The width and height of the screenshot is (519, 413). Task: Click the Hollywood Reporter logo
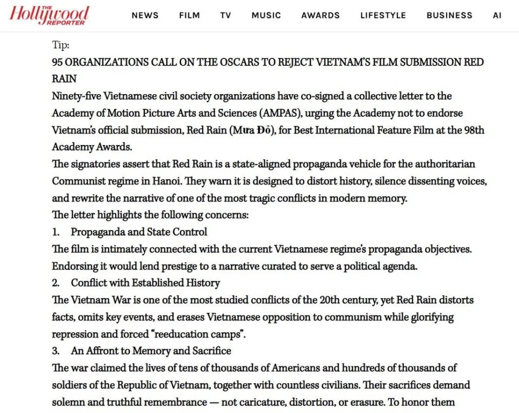49,15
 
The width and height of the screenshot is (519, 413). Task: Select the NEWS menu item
145,15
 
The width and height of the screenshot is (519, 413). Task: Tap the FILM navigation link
189,15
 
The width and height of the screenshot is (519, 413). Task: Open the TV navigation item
225,15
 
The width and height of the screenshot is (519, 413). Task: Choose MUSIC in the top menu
266,15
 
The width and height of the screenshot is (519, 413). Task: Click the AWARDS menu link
321,15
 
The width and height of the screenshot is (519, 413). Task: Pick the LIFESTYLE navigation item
383,15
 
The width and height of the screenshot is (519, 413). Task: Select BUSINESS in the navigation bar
449,15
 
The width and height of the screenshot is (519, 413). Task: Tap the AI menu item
497,15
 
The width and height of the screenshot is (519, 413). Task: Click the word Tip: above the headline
61,45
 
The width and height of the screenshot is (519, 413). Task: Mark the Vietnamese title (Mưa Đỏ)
237,130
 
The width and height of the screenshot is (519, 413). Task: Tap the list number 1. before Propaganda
56,232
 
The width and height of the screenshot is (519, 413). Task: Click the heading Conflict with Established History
145,283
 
